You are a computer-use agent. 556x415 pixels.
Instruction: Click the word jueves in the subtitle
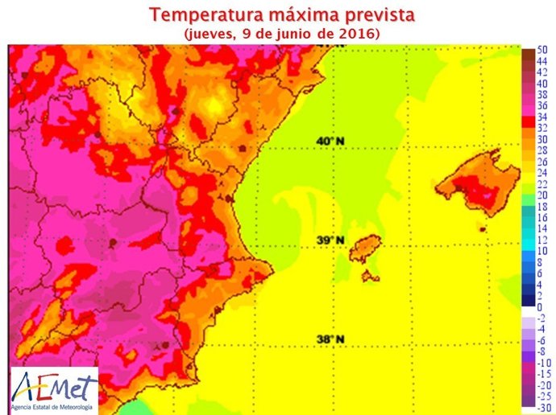(x=212, y=34)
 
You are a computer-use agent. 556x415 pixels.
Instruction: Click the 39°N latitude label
(x=330, y=240)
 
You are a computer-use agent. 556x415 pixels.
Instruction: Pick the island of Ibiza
(x=367, y=247)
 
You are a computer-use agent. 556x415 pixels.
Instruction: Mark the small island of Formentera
(x=371, y=276)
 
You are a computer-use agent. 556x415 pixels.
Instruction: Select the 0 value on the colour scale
(x=539, y=307)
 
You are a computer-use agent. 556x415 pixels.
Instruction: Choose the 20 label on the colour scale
(x=541, y=195)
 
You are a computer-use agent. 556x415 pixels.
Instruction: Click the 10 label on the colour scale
(x=541, y=251)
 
